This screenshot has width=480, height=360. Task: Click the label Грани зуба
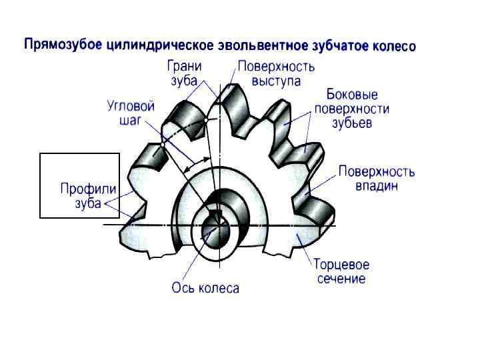tap(185, 73)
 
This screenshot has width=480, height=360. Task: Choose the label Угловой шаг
tap(131, 113)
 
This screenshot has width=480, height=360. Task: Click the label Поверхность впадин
tap(376, 178)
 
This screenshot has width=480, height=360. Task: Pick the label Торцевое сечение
tap(341, 271)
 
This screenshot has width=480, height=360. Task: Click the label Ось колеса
tap(205, 288)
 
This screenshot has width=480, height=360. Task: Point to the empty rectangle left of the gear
tap(79, 185)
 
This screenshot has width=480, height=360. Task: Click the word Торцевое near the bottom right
tap(341, 265)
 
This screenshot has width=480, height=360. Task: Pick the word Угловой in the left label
tap(131, 106)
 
